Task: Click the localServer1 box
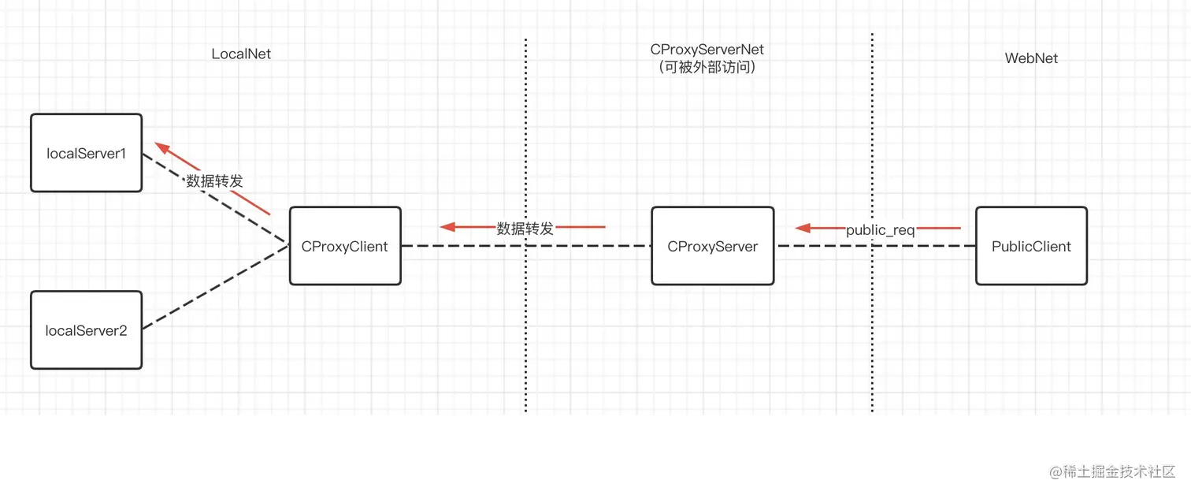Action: (x=86, y=153)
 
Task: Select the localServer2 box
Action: (x=86, y=330)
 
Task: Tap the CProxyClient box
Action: (x=345, y=246)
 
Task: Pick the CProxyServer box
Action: (x=712, y=246)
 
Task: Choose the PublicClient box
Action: (x=1031, y=246)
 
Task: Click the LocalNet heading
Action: (x=241, y=54)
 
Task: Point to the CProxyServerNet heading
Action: (x=707, y=50)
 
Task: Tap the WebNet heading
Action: (x=1031, y=58)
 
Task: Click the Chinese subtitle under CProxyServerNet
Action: (x=707, y=68)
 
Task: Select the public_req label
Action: (x=880, y=230)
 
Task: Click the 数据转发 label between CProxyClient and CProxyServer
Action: (x=525, y=229)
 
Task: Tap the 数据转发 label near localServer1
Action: (x=214, y=181)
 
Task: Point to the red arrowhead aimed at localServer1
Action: (x=161, y=147)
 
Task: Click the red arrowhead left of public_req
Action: (x=803, y=229)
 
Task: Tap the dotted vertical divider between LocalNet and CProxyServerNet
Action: (x=525, y=331)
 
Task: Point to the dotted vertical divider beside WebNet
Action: (x=872, y=331)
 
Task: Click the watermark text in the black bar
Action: (x=1111, y=471)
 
